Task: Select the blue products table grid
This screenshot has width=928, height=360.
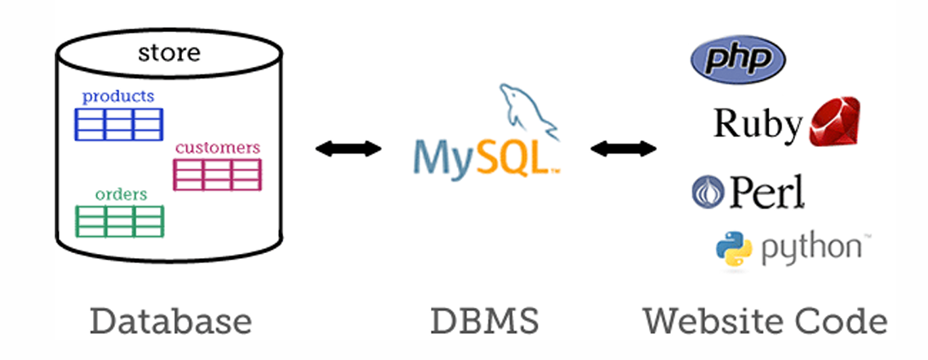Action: pos(119,124)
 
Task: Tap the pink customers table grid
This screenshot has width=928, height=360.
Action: pos(217,175)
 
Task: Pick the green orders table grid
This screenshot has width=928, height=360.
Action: pos(119,220)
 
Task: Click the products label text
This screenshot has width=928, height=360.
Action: pos(118,96)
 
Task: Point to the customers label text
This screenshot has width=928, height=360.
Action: pos(218,148)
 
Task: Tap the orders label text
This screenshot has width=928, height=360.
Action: pos(121,194)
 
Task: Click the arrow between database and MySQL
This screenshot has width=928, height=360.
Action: pos(349,149)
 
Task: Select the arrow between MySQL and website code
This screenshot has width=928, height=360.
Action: pos(624,149)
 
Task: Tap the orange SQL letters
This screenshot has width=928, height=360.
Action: pos(513,155)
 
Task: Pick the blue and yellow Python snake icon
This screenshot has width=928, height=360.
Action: pos(734,250)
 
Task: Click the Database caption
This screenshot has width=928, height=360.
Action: pos(171,321)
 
